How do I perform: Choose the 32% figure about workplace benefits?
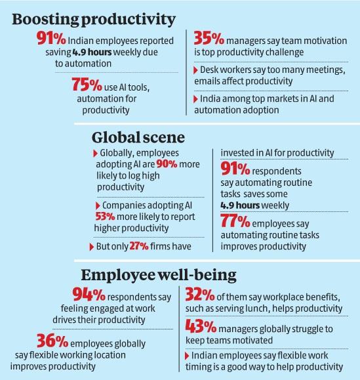[204, 295]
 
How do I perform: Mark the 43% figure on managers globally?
[204, 326]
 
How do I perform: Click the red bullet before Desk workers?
[194, 69]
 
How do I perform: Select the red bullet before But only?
[90, 247]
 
